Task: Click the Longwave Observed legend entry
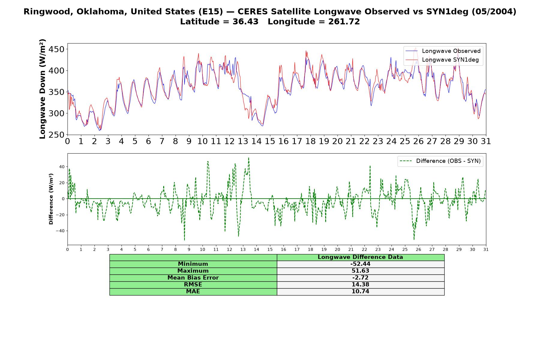pos(443,51)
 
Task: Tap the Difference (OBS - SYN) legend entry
pos(440,161)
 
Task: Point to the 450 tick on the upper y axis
pos(56,49)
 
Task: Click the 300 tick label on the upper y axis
pos(56,113)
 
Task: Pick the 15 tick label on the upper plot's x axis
pos(270,141)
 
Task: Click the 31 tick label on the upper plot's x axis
pos(486,141)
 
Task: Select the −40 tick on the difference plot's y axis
pos(60,231)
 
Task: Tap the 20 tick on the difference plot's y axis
pos(62,183)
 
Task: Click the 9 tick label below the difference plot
pos(189,250)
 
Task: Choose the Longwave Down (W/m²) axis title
pos(42,89)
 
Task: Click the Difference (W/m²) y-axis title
pos(51,199)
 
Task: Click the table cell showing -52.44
pos(360,264)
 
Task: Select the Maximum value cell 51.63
pos(360,271)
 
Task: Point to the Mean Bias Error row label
pos(193,278)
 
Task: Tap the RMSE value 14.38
pos(360,285)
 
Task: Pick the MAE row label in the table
pos(193,292)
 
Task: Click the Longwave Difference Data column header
pos(360,257)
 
